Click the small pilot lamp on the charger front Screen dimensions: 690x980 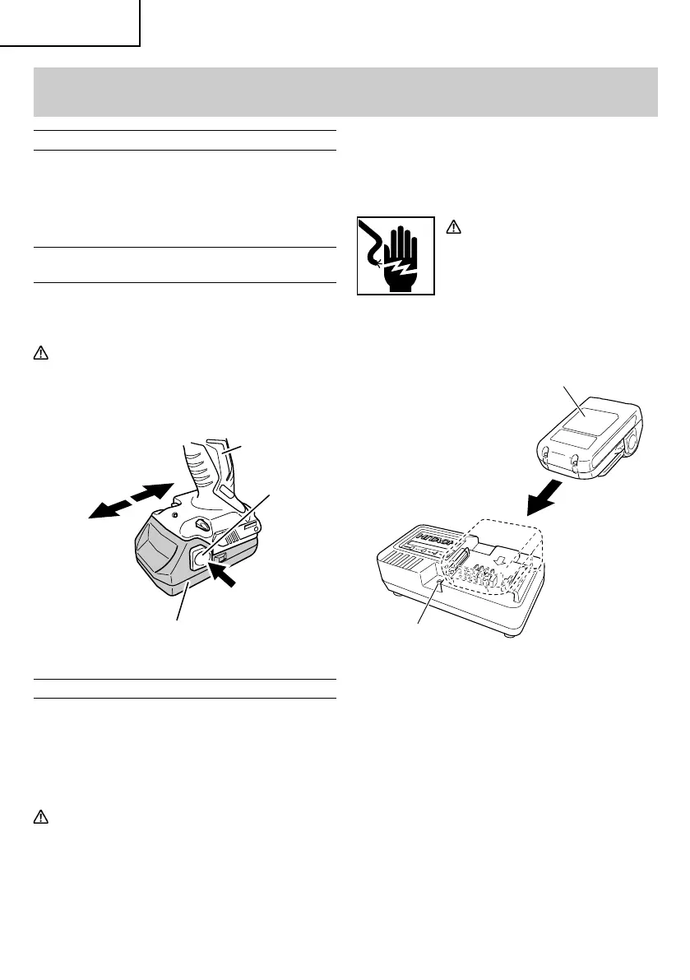(441, 585)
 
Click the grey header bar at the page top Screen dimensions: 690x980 (345, 91)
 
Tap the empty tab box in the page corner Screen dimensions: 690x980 (69, 21)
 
